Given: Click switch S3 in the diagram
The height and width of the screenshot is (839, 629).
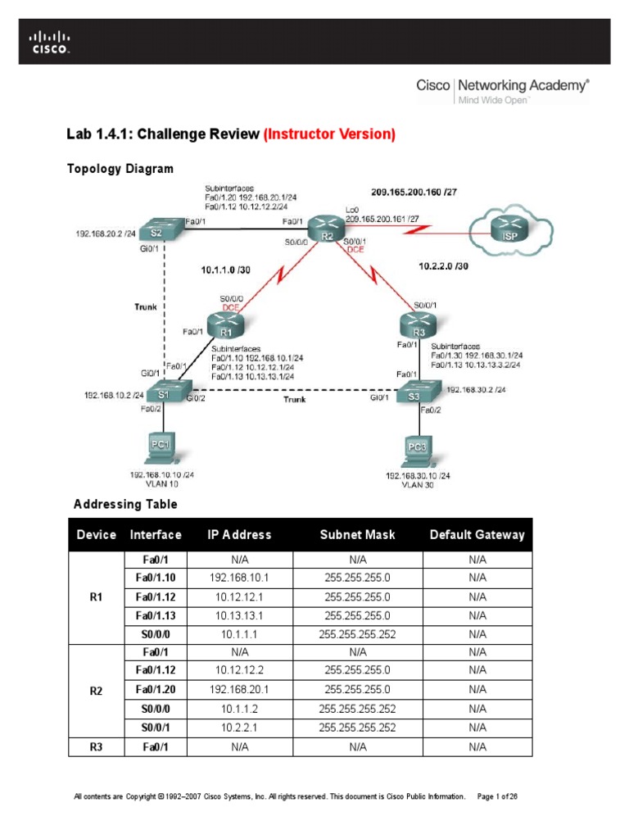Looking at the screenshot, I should [414, 396].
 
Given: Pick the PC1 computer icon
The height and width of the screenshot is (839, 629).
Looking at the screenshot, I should [161, 450].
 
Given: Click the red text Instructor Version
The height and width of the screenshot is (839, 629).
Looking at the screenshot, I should [330, 134].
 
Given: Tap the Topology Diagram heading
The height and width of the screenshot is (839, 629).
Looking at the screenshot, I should [120, 169].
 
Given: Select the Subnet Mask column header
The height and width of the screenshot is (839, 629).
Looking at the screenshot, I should [357, 535].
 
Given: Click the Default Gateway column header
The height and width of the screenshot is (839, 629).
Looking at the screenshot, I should [477, 535].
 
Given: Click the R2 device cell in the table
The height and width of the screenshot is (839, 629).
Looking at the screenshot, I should [96, 691].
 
